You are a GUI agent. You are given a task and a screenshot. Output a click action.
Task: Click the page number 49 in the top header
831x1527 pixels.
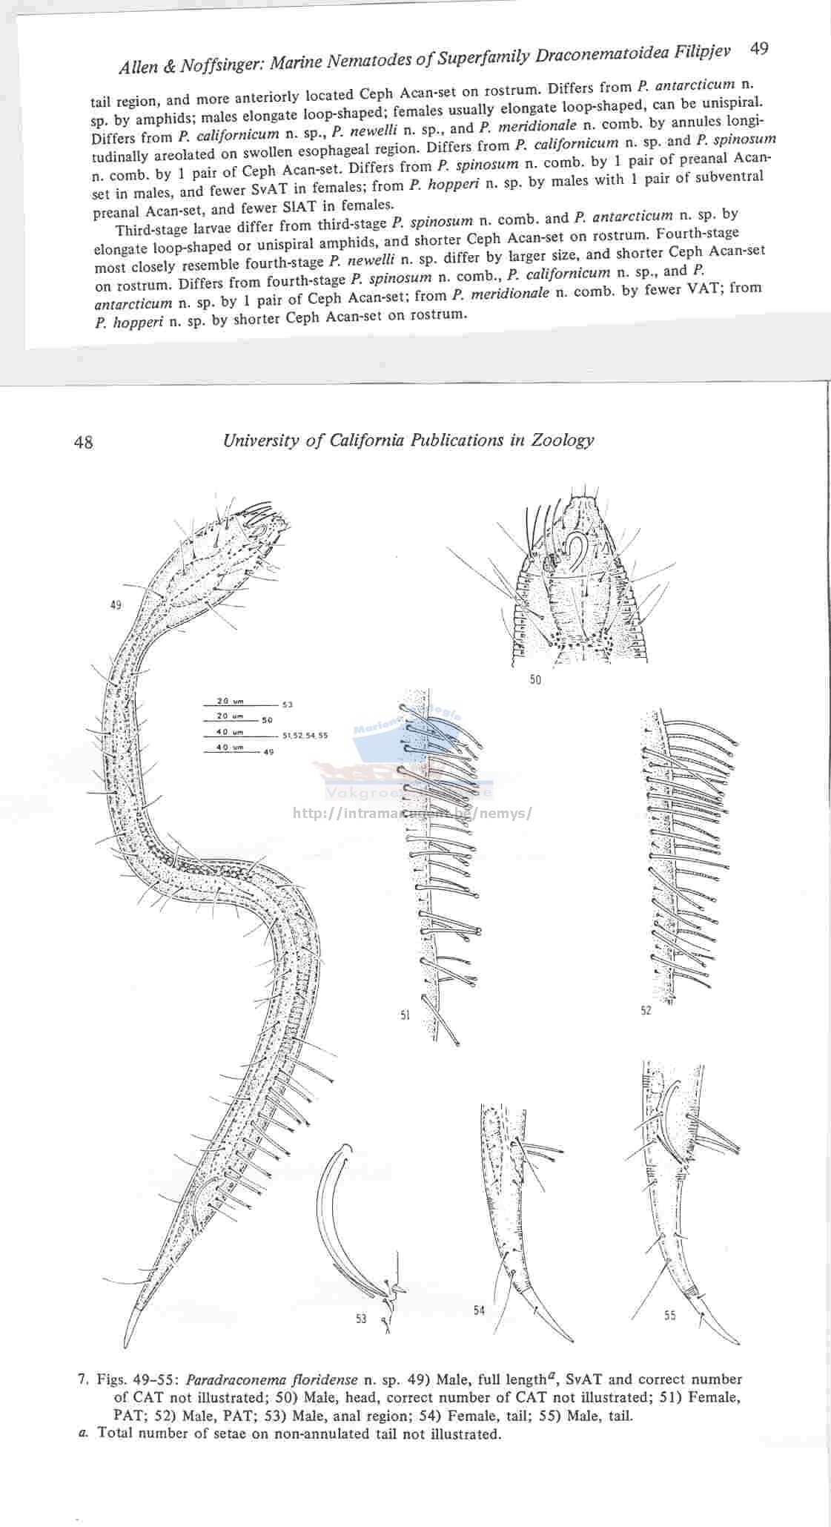click(x=759, y=49)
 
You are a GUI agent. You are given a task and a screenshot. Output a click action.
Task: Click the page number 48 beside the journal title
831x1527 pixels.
click(x=84, y=443)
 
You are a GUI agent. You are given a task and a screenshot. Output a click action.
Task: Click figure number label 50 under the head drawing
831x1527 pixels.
click(x=535, y=679)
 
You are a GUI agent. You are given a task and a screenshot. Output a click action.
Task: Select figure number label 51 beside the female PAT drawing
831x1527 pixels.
click(x=405, y=1015)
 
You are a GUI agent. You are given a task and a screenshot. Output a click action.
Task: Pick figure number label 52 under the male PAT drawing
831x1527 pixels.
click(x=646, y=1010)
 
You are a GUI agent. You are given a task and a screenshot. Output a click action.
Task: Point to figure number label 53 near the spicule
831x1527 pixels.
click(x=361, y=1319)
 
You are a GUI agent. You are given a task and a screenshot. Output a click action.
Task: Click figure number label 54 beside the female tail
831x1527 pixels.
click(x=479, y=1310)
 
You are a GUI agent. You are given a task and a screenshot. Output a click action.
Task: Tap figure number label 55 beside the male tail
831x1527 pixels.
click(x=669, y=1316)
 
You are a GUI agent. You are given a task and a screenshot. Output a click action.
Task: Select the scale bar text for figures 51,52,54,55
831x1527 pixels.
click(x=305, y=736)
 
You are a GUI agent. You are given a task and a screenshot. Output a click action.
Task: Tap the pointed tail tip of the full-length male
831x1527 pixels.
click(x=125, y=1345)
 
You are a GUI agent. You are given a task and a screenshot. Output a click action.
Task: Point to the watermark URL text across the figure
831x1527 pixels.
click(x=413, y=813)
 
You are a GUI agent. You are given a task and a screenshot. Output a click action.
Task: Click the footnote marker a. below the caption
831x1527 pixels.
click(x=83, y=1433)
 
